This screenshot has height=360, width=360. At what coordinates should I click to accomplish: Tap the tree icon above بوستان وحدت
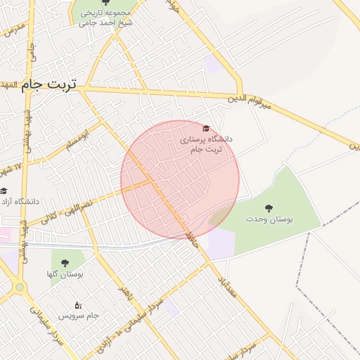(269, 207)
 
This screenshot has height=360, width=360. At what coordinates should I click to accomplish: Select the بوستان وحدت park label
(269, 220)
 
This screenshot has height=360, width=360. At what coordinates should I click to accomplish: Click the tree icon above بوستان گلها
(65, 263)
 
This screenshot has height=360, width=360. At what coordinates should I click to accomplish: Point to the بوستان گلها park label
(65, 274)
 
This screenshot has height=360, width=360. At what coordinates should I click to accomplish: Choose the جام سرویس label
(83, 315)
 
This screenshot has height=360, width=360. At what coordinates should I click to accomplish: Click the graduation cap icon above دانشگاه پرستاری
(206, 129)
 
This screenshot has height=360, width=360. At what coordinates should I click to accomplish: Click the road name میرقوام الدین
(248, 103)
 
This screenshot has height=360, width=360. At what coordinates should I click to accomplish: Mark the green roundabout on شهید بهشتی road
(19, 287)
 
